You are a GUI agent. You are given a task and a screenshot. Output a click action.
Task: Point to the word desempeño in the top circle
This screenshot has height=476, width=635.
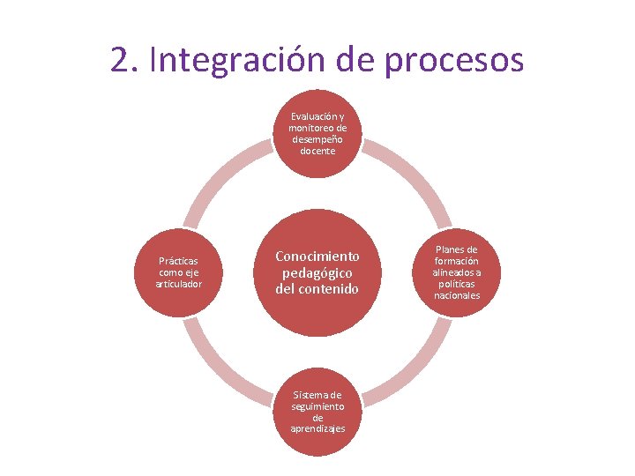(x=317, y=139)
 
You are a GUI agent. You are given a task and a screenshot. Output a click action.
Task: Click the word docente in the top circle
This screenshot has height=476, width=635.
(x=317, y=151)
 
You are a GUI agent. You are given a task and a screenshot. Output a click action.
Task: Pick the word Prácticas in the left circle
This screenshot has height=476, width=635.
(x=178, y=261)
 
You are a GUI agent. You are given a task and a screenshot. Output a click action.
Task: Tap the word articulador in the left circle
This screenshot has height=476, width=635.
(x=178, y=284)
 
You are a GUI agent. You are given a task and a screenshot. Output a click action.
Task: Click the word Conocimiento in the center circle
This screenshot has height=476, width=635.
(x=317, y=256)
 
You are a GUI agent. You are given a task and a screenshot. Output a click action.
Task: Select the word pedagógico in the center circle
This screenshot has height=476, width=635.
(x=317, y=272)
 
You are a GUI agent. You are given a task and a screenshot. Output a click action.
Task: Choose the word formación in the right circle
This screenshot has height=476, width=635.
(x=456, y=261)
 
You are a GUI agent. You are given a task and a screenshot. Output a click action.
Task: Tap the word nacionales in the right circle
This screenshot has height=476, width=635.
(x=456, y=295)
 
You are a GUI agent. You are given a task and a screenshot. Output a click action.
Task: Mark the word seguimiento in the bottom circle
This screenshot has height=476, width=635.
(x=317, y=406)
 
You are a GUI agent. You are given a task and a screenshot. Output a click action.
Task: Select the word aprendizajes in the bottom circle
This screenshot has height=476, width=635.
(x=317, y=428)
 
